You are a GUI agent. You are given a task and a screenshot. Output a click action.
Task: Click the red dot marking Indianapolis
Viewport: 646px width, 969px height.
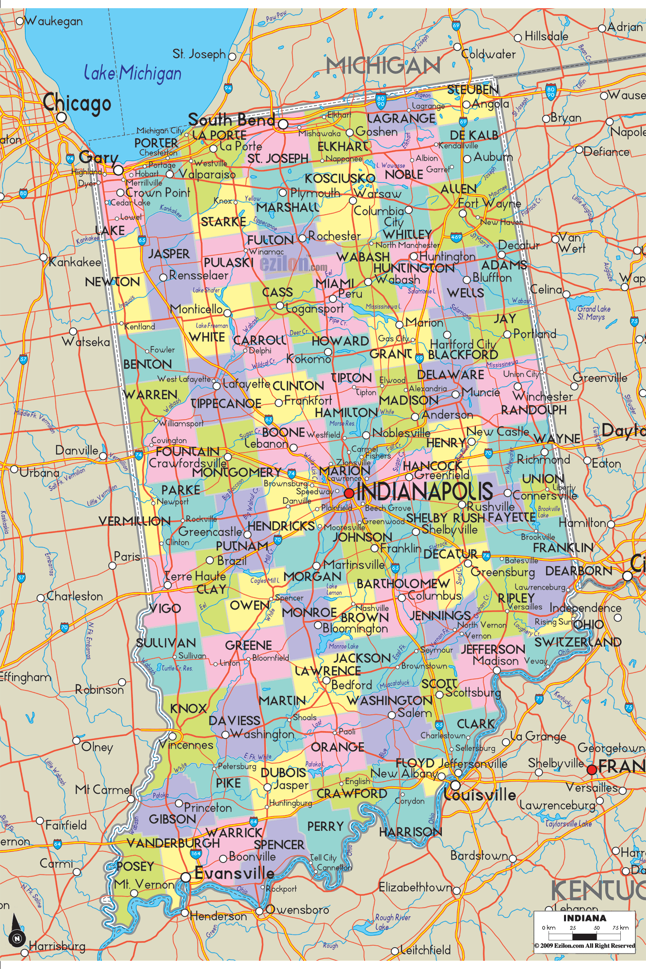[349, 493]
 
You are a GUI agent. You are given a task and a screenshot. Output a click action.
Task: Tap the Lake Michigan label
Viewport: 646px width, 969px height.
[132, 73]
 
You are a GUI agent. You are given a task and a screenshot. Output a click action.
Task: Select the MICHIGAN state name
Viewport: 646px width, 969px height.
[383, 66]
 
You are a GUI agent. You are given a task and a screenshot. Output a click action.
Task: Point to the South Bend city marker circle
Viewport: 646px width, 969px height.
[283, 125]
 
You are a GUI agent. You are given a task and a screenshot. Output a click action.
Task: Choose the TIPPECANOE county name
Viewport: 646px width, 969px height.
[226, 404]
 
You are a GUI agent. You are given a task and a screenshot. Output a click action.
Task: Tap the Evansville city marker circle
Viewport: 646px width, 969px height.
[186, 877]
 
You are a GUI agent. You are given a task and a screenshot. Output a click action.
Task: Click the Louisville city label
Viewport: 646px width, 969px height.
[480, 795]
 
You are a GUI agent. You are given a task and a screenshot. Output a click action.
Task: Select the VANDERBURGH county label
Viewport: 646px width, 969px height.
[173, 843]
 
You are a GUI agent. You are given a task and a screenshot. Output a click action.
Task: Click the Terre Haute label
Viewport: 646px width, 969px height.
[195, 577]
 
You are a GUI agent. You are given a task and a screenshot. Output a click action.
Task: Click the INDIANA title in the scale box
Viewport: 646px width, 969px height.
[584, 918]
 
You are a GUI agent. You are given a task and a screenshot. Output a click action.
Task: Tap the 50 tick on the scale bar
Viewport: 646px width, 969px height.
[597, 928]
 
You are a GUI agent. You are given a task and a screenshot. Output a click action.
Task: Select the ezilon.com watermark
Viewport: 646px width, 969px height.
[293, 264]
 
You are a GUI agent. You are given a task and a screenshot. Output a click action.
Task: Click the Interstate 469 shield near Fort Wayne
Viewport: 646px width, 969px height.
[456, 237]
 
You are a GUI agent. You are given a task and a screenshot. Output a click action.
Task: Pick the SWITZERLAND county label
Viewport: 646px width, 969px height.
[578, 642]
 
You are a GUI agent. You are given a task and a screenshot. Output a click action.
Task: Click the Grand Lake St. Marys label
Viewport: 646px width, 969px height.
[593, 313]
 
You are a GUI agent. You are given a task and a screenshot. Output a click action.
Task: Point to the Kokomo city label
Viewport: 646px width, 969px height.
[308, 359]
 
